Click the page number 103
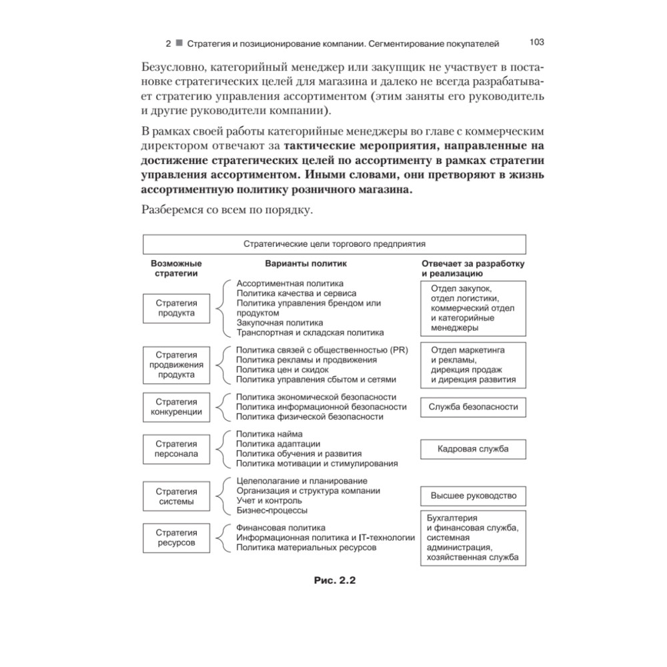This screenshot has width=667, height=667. click(537, 42)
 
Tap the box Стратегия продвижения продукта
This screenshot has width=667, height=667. click(176, 365)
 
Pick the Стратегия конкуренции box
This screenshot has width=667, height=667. click(176, 407)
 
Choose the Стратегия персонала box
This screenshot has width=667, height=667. click(176, 449)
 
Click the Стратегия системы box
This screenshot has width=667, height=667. click(176, 496)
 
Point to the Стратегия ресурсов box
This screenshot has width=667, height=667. click(176, 538)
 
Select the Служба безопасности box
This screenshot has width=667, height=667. click(473, 407)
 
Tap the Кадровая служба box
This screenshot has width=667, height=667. click(473, 449)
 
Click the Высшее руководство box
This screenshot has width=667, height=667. click(473, 496)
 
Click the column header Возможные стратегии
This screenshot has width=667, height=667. click(176, 268)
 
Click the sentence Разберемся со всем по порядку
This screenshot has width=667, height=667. click(227, 211)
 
